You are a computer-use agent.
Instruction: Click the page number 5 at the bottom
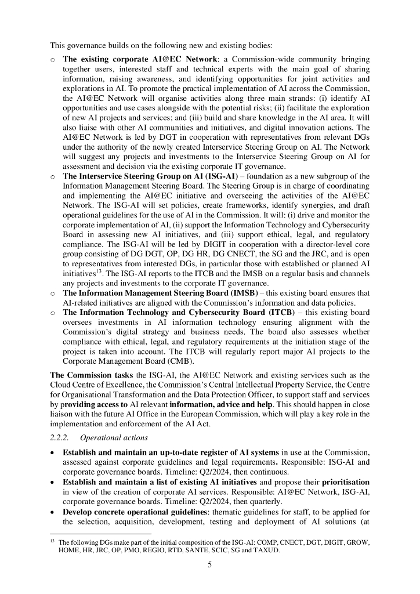click(210, 567)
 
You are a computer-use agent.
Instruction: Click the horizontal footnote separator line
click(101, 533)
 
